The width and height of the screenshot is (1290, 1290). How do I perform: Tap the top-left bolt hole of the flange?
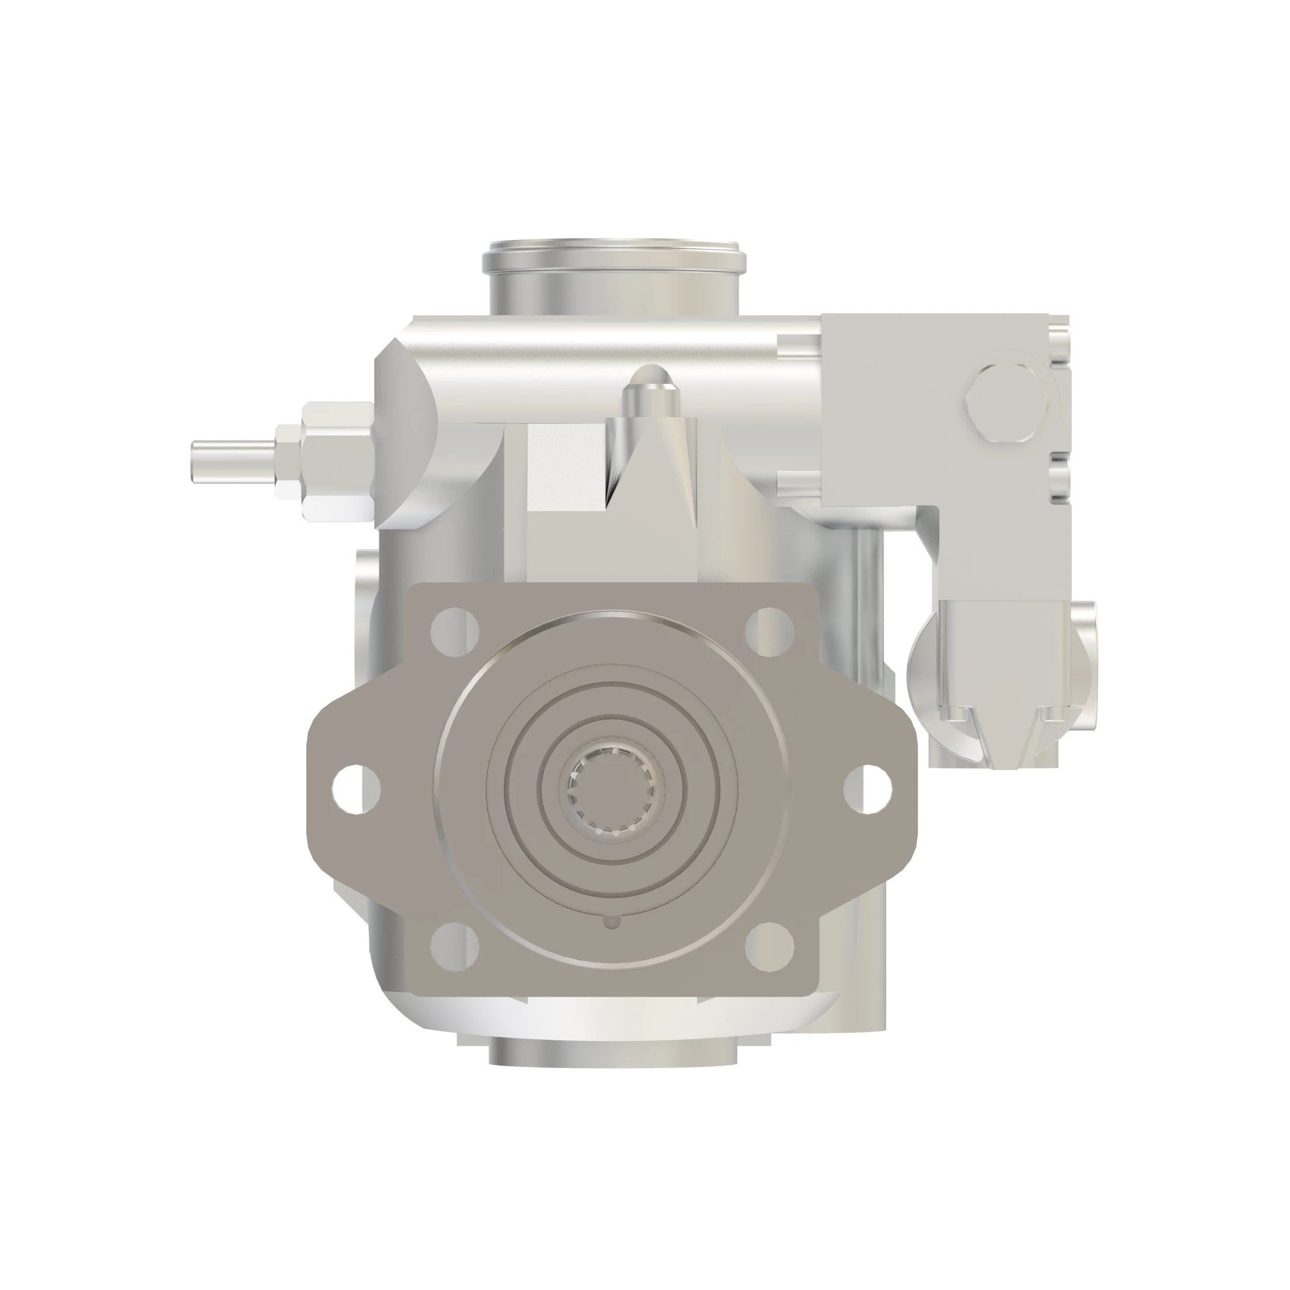(455, 630)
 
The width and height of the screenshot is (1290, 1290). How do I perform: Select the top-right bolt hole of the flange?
(769, 630)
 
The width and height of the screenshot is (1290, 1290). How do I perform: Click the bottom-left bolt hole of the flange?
(455, 946)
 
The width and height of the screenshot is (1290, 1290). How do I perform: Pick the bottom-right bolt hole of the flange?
(769, 946)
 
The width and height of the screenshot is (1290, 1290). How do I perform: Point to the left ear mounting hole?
(356, 790)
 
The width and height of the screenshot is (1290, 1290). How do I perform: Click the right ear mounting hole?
(868, 790)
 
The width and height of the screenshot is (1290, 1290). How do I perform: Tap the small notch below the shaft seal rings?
(611, 922)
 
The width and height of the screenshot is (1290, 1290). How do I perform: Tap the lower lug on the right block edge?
(1060, 478)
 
